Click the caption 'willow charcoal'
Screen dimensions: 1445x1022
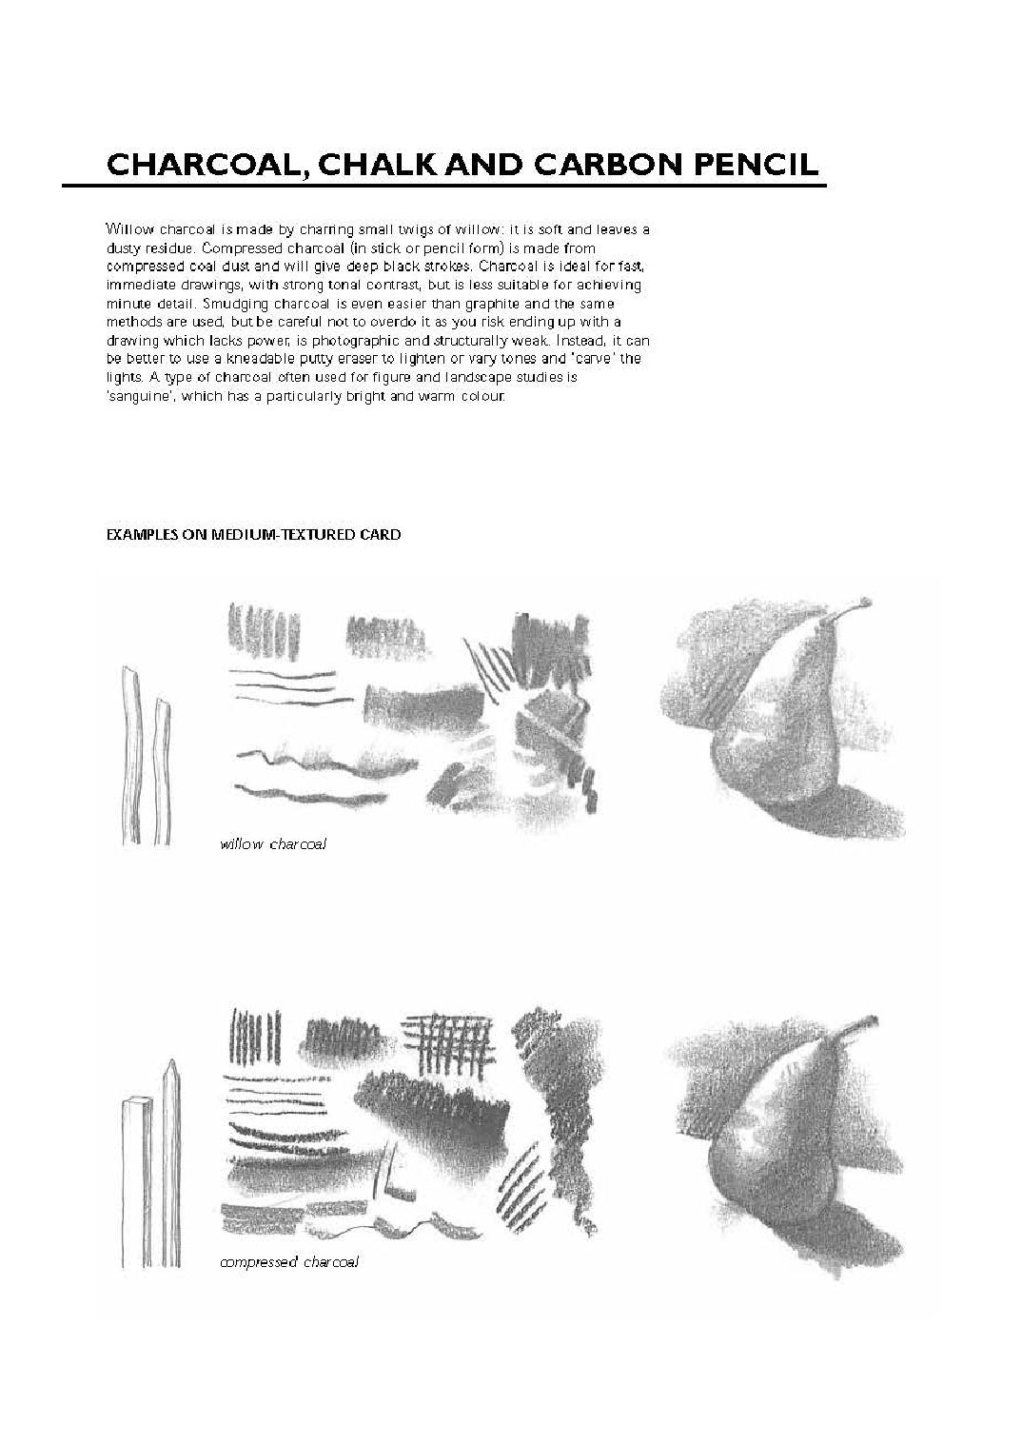click(273, 844)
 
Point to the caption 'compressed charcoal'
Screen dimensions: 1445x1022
click(289, 1262)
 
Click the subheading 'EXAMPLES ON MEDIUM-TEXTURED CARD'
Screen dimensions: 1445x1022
click(253, 535)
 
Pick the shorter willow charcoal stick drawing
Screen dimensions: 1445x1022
click(163, 771)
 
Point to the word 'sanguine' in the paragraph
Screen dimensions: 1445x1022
click(134, 396)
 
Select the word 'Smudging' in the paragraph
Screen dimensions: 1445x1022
click(231, 304)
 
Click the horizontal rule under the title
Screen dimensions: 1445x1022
click(443, 186)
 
